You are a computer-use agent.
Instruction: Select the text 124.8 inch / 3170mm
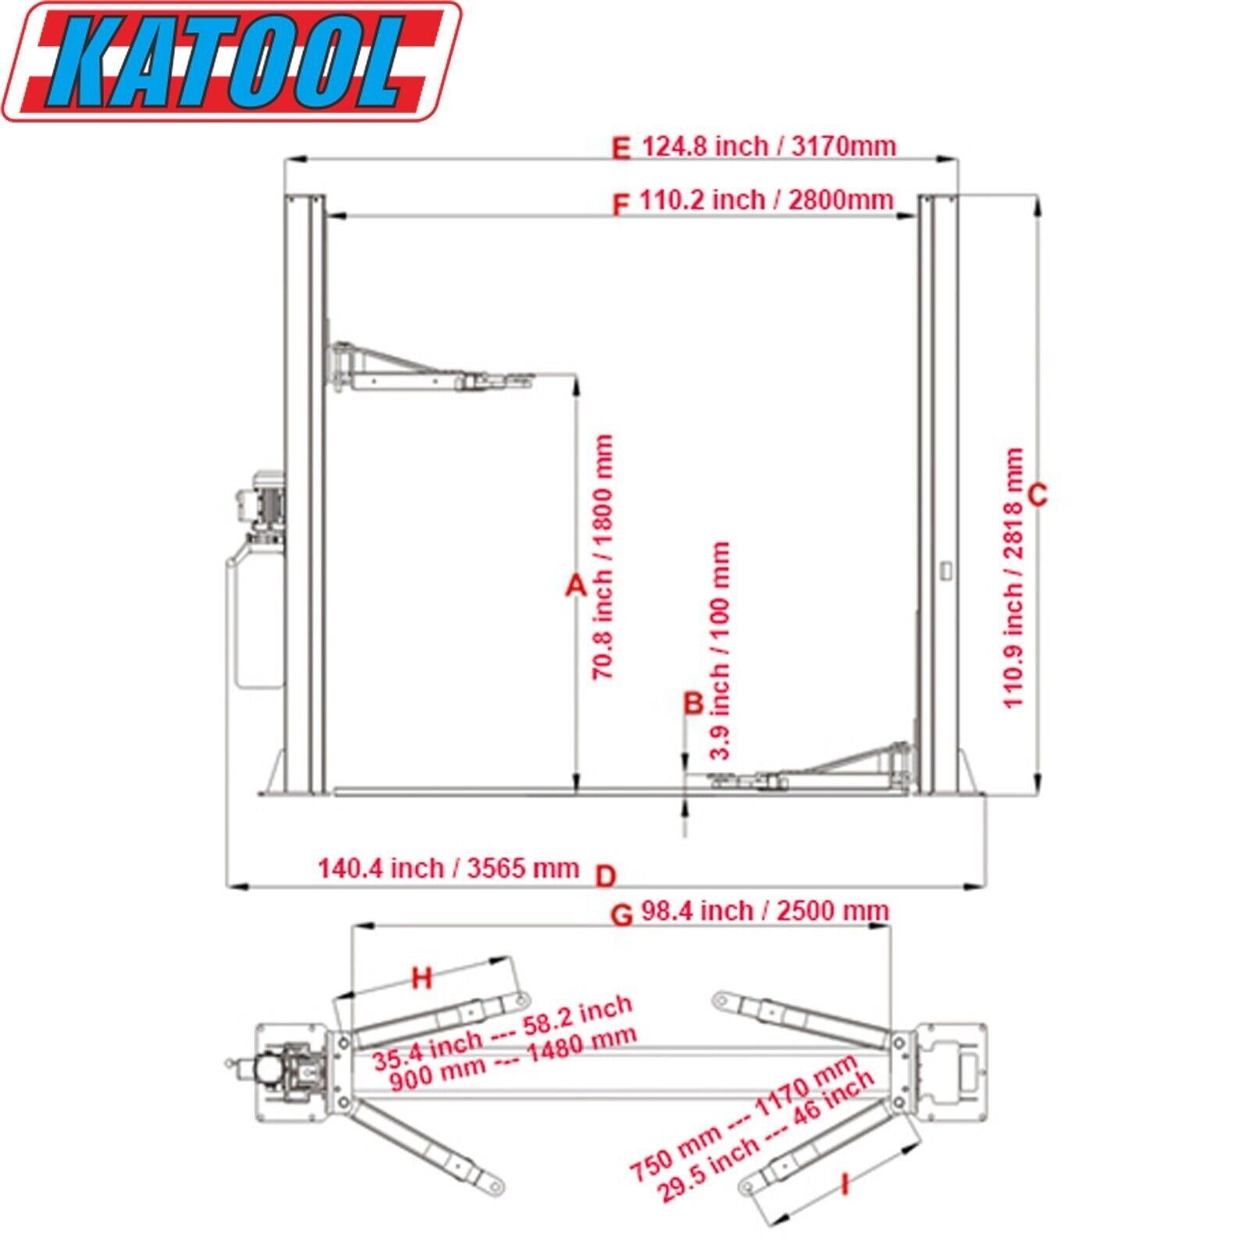coord(768,146)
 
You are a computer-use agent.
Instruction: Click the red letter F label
coord(620,205)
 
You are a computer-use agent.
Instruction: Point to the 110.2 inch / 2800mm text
coord(766,200)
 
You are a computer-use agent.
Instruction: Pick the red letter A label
coord(575,585)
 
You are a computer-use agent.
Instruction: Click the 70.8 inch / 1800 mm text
coord(603,557)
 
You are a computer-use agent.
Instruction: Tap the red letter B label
coord(694,703)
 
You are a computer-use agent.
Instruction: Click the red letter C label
coord(1038,495)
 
